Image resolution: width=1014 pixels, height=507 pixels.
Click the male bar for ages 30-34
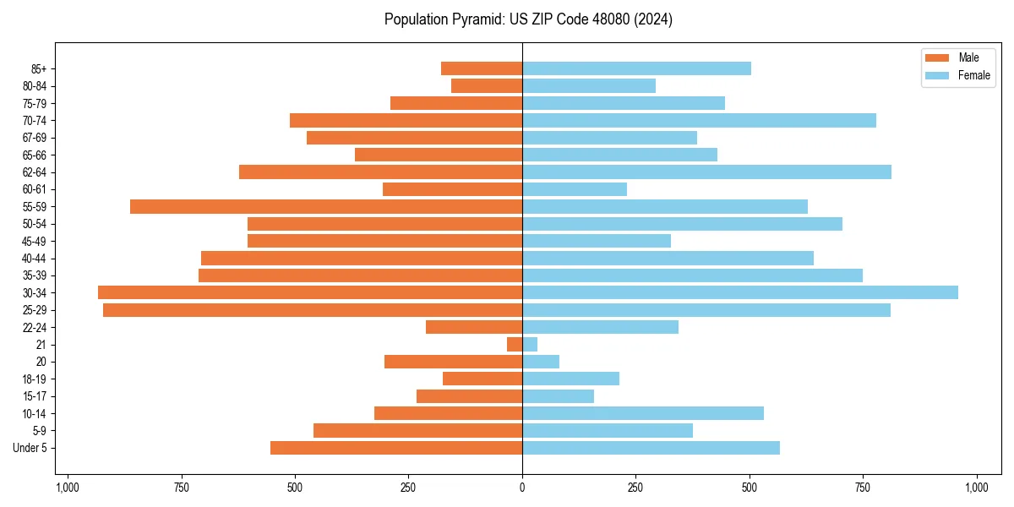[x=310, y=292]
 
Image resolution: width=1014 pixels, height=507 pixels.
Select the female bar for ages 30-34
[x=740, y=292]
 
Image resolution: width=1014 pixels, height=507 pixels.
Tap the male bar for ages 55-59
[x=326, y=206]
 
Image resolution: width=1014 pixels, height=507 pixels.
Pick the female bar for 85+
[x=636, y=68]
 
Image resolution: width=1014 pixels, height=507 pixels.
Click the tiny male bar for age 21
[x=515, y=344]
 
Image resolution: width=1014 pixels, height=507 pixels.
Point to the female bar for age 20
[x=541, y=362]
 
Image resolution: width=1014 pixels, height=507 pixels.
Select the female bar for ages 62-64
[x=706, y=172]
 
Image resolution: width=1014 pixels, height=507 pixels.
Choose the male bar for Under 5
[x=396, y=448]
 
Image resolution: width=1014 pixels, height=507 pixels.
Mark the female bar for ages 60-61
[x=575, y=189]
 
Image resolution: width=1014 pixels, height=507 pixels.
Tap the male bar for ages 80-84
[x=487, y=85]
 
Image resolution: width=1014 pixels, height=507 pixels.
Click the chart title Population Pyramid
[x=528, y=19]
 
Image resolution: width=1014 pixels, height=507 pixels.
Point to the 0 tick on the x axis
[x=522, y=488]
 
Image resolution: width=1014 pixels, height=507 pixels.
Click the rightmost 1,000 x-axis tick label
[x=976, y=488]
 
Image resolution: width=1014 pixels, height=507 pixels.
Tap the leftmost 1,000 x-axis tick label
[x=68, y=488]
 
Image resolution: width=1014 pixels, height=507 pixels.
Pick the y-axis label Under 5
[x=30, y=448]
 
